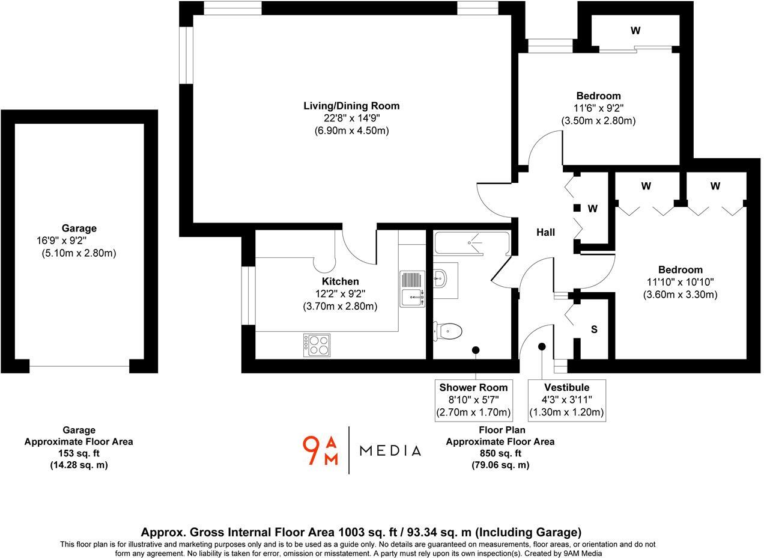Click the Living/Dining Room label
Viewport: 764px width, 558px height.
click(351, 106)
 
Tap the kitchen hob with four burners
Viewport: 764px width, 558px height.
click(317, 345)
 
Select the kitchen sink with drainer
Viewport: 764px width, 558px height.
click(413, 289)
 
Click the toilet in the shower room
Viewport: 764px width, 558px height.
click(448, 331)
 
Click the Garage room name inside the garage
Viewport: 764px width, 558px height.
click(79, 228)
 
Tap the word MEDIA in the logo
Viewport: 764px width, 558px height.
click(390, 451)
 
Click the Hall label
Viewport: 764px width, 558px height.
click(545, 232)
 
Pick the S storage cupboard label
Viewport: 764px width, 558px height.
click(594, 330)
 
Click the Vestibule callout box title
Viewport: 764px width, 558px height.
click(566, 388)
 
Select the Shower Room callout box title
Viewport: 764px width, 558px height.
click(473, 388)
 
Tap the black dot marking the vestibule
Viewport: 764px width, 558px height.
click(542, 346)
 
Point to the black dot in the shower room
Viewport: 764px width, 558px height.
click(476, 349)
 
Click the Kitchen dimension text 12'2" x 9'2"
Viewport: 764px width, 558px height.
click(340, 293)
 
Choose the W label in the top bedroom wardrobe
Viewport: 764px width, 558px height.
click(635, 31)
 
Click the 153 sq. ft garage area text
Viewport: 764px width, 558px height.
click(79, 453)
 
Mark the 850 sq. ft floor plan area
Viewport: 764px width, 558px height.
click(500, 453)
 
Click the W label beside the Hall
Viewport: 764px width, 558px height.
click(593, 209)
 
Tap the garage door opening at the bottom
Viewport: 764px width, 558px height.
click(79, 366)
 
